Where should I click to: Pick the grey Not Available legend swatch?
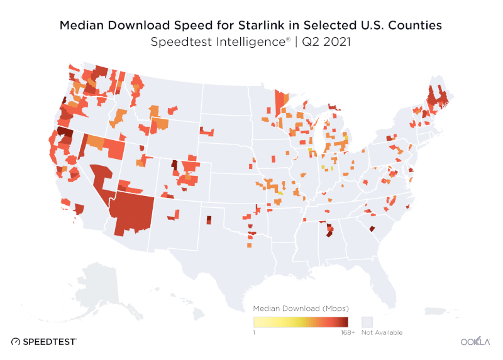[367, 320]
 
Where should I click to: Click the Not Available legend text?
[381, 332]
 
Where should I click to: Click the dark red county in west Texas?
[209, 219]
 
